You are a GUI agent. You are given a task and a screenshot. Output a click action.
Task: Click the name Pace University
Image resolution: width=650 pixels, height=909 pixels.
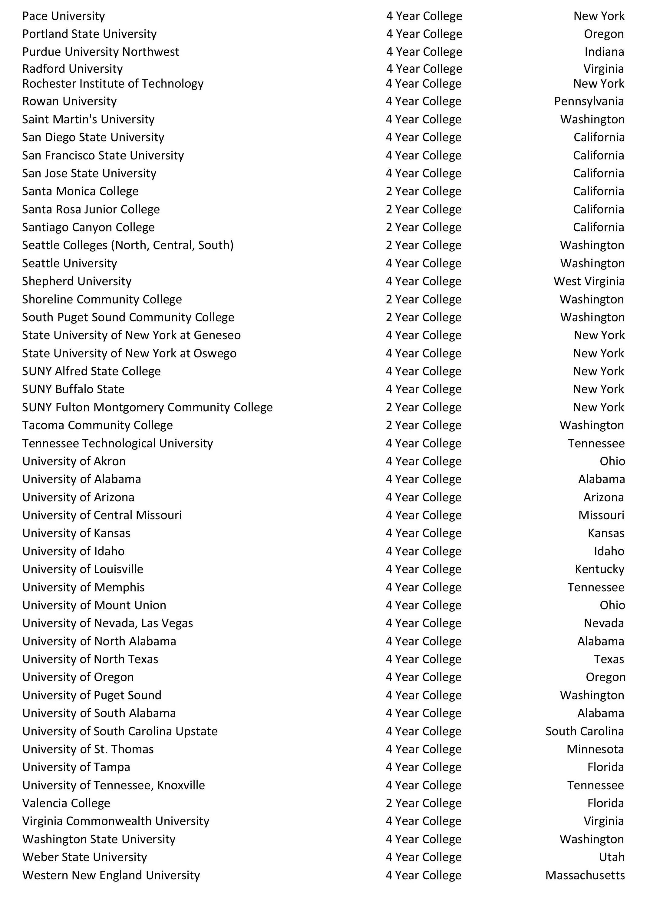(x=64, y=16)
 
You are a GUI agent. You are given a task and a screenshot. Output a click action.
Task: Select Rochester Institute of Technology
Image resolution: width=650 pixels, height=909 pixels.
(x=113, y=83)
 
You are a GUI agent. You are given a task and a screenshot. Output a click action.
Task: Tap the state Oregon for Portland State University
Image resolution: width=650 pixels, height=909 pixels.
(x=604, y=34)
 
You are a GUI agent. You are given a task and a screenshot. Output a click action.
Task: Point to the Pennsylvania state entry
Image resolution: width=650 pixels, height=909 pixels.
(x=589, y=101)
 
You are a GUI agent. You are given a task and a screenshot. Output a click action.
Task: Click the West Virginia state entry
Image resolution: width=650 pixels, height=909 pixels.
(x=589, y=281)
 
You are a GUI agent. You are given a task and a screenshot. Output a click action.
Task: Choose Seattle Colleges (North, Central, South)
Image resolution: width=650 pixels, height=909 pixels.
(x=128, y=245)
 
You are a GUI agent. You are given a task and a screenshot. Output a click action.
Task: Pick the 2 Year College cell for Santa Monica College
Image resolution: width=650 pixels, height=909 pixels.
(x=424, y=191)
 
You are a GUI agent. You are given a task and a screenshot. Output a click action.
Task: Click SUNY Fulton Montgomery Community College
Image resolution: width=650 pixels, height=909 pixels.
(x=147, y=407)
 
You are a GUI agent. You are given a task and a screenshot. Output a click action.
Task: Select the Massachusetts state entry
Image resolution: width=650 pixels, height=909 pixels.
(x=585, y=875)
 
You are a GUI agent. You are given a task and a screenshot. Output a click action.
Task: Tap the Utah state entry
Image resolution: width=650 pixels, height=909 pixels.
(x=612, y=857)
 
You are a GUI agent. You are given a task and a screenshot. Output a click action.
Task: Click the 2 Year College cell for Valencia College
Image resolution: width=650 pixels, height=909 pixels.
(x=424, y=803)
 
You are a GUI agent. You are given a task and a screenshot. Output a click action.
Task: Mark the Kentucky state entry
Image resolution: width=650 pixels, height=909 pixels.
(x=599, y=569)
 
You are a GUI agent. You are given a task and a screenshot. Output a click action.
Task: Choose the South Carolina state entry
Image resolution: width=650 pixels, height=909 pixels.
(x=584, y=731)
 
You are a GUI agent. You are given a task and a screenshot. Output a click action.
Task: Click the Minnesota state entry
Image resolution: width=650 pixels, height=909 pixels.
(x=595, y=749)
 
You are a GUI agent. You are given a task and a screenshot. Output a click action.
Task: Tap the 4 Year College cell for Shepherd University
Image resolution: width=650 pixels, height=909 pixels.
(x=424, y=281)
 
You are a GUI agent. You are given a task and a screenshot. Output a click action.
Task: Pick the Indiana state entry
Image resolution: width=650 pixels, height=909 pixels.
(x=604, y=52)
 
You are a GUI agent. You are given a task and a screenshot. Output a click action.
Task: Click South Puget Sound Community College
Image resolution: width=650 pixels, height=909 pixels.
(x=128, y=317)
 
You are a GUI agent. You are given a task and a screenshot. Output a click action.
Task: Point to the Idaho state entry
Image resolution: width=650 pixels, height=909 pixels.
(x=609, y=551)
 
